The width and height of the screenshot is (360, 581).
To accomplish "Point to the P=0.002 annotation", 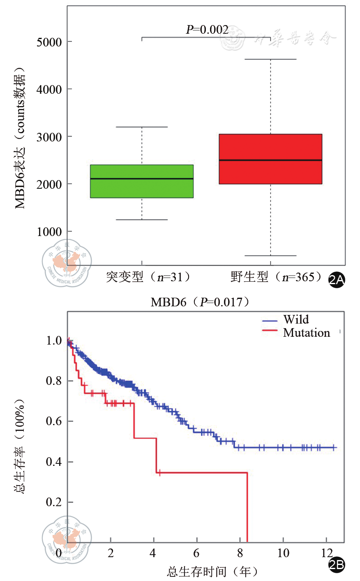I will point(207,30).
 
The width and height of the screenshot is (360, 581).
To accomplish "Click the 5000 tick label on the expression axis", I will point(49,42).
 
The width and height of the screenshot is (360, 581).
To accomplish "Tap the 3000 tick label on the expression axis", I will point(49,137).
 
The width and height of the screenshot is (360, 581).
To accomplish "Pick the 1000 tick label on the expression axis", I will point(49,232).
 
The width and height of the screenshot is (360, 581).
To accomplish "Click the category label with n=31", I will point(148,277).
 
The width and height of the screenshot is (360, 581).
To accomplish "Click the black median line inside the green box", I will point(142,179).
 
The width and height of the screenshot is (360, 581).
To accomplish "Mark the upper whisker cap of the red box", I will point(270,59).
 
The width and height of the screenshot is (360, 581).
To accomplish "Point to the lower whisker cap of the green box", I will point(142,220).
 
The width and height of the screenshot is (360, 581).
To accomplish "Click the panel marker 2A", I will point(337,280).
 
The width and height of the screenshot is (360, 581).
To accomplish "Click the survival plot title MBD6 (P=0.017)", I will point(201,302).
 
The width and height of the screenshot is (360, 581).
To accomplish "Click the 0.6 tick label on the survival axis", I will point(54,421).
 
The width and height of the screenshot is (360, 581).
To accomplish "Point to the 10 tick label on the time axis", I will point(283,553).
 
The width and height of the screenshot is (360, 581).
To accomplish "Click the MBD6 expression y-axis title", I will point(20,138).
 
